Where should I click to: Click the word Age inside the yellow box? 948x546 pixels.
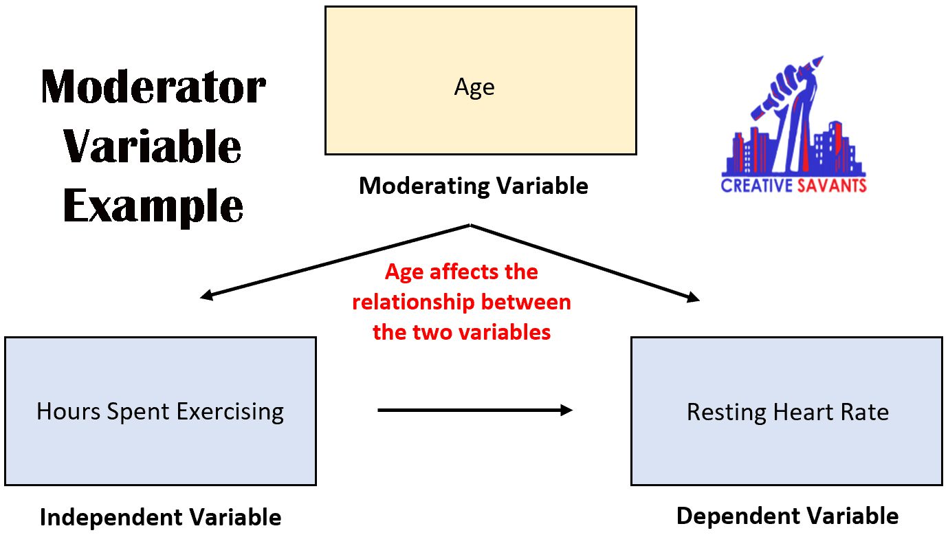(474, 88)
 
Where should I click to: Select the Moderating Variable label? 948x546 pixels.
(474, 186)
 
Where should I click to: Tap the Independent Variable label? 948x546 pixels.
(160, 517)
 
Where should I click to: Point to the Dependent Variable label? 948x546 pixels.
(787, 516)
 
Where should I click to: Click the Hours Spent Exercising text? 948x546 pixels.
(160, 412)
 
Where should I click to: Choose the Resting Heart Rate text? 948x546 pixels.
(787, 412)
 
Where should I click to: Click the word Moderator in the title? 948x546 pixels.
(153, 88)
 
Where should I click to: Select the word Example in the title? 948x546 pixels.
(153, 206)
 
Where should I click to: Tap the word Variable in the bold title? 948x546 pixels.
(153, 146)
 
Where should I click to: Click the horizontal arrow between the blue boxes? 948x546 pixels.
(474, 411)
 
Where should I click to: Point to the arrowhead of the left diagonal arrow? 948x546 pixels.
(204, 297)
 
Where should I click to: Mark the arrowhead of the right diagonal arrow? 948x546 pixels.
(694, 298)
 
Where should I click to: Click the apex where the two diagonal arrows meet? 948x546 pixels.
(470, 225)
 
